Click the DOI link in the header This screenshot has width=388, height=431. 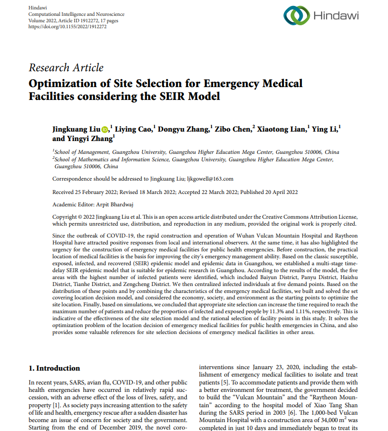67,27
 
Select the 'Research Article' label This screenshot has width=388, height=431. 66,68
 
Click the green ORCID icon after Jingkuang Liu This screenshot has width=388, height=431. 105,130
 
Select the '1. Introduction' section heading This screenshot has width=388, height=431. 54,368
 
